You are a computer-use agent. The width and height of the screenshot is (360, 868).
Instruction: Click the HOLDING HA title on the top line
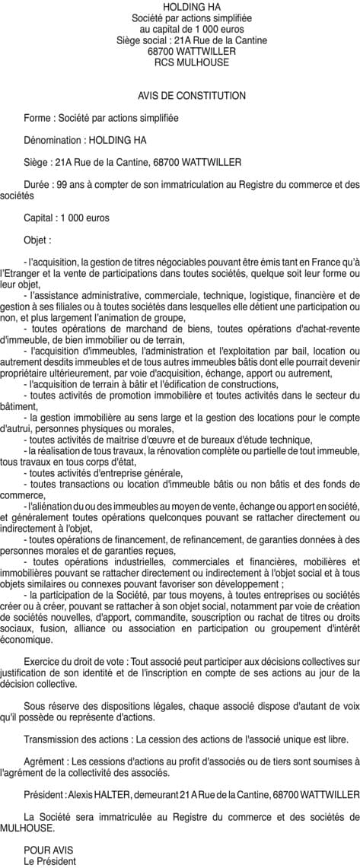click(x=180, y=6)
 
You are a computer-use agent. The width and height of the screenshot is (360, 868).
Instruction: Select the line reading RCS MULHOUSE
click(x=180, y=62)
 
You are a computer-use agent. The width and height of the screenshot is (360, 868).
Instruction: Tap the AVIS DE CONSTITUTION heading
click(x=192, y=96)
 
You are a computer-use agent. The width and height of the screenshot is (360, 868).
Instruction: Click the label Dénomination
click(x=53, y=140)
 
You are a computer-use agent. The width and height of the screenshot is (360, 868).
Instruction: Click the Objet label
click(x=36, y=240)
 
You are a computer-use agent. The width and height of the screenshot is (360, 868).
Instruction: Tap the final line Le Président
click(x=49, y=861)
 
